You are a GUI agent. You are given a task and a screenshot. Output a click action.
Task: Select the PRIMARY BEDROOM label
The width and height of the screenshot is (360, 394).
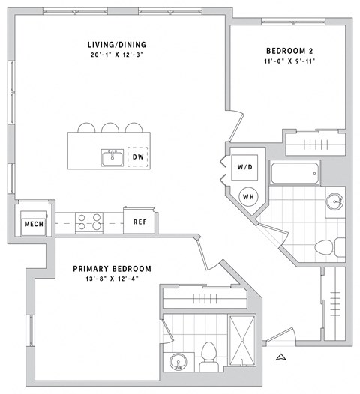tap(112, 268)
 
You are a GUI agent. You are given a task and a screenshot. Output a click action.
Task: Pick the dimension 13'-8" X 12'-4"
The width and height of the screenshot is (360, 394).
tap(112, 279)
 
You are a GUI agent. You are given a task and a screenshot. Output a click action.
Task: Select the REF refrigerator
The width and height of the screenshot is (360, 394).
tap(140, 222)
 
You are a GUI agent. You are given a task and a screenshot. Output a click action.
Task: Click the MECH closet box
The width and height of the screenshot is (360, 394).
tap(32, 224)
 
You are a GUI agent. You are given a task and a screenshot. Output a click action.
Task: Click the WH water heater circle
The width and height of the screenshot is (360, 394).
tap(249, 196)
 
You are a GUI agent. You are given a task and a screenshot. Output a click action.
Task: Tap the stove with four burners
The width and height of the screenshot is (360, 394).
tap(90, 222)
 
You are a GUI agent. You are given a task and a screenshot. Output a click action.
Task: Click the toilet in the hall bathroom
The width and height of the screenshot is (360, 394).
tap(328, 246)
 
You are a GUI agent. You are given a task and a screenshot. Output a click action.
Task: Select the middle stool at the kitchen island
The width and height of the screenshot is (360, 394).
tap(111, 127)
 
